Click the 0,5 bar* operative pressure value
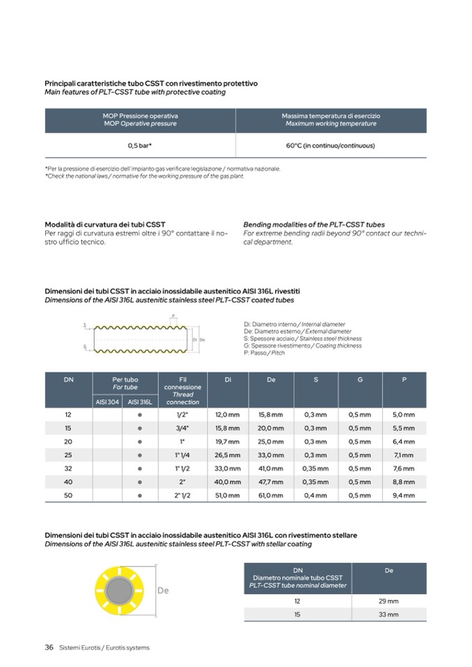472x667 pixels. [140, 146]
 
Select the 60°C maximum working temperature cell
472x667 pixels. [331, 146]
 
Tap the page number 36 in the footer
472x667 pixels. [49, 648]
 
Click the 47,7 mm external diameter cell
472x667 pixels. [271, 482]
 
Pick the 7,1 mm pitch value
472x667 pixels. [404, 455]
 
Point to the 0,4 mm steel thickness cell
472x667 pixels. [315, 496]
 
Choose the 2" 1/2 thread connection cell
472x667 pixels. [182, 496]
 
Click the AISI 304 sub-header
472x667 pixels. [108, 402]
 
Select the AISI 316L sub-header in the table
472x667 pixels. [140, 402]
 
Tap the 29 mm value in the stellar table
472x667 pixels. [388, 601]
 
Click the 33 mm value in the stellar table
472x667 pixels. [388, 615]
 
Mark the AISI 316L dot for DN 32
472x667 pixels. [140, 469]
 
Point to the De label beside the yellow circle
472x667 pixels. [164, 590]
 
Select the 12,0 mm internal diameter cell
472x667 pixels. [227, 415]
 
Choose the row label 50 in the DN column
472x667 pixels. [68, 496]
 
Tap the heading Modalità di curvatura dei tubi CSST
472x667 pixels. [105, 225]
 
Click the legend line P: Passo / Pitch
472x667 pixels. [265, 353]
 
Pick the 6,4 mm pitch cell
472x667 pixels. [404, 442]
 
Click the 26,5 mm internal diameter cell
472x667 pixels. [227, 455]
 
